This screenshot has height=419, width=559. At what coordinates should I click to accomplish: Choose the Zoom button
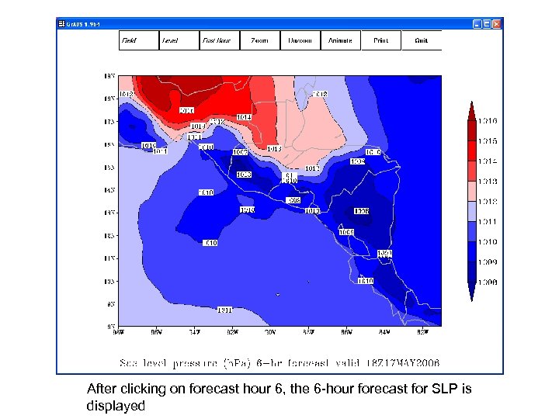pyautogui.click(x=259, y=40)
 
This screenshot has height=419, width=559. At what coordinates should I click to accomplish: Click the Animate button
pyautogui.click(x=340, y=40)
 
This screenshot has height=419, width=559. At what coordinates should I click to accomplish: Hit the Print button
pyautogui.click(x=380, y=40)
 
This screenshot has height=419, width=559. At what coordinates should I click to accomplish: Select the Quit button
pyautogui.click(x=421, y=40)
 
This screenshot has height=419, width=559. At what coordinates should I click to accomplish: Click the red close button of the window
pyautogui.click(x=497, y=23)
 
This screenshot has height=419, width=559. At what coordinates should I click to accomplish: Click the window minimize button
pyautogui.click(x=476, y=23)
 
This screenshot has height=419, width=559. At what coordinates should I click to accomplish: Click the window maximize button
pyautogui.click(x=486, y=23)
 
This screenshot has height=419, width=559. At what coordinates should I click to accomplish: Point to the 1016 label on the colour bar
pyautogui.click(x=488, y=121)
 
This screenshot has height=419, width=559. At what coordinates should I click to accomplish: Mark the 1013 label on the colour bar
pyautogui.click(x=488, y=182)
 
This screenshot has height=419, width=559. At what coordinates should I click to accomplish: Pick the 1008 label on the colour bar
pyautogui.click(x=488, y=282)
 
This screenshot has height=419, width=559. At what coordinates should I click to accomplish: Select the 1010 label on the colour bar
pyautogui.click(x=488, y=242)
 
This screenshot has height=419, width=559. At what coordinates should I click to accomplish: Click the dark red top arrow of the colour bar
pyautogui.click(x=470, y=109)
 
